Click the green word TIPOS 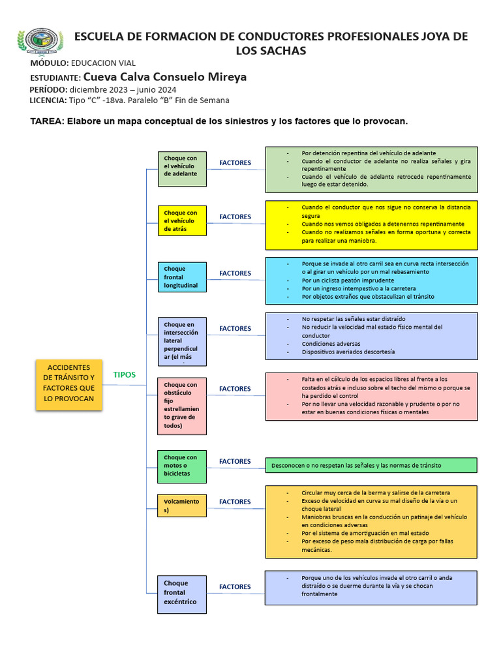pos(125,374)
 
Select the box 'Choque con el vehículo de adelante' pos(182,168)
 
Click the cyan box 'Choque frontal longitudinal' pos(182,277)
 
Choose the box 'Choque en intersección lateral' pos(182,337)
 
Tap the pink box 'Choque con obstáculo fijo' pos(182,406)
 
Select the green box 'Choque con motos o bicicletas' pos(182,466)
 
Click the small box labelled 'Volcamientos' pos(182,506)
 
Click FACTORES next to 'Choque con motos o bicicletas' pos(235,461)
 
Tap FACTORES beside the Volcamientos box pos(235,502)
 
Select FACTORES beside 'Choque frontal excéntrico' pos(235,586)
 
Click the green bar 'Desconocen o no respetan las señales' pos(371,465)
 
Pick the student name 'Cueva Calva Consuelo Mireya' pos(166,77)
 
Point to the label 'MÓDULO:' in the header pos(49,63)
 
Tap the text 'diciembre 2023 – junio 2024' pos(123,89)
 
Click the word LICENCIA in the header pos(47,100)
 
